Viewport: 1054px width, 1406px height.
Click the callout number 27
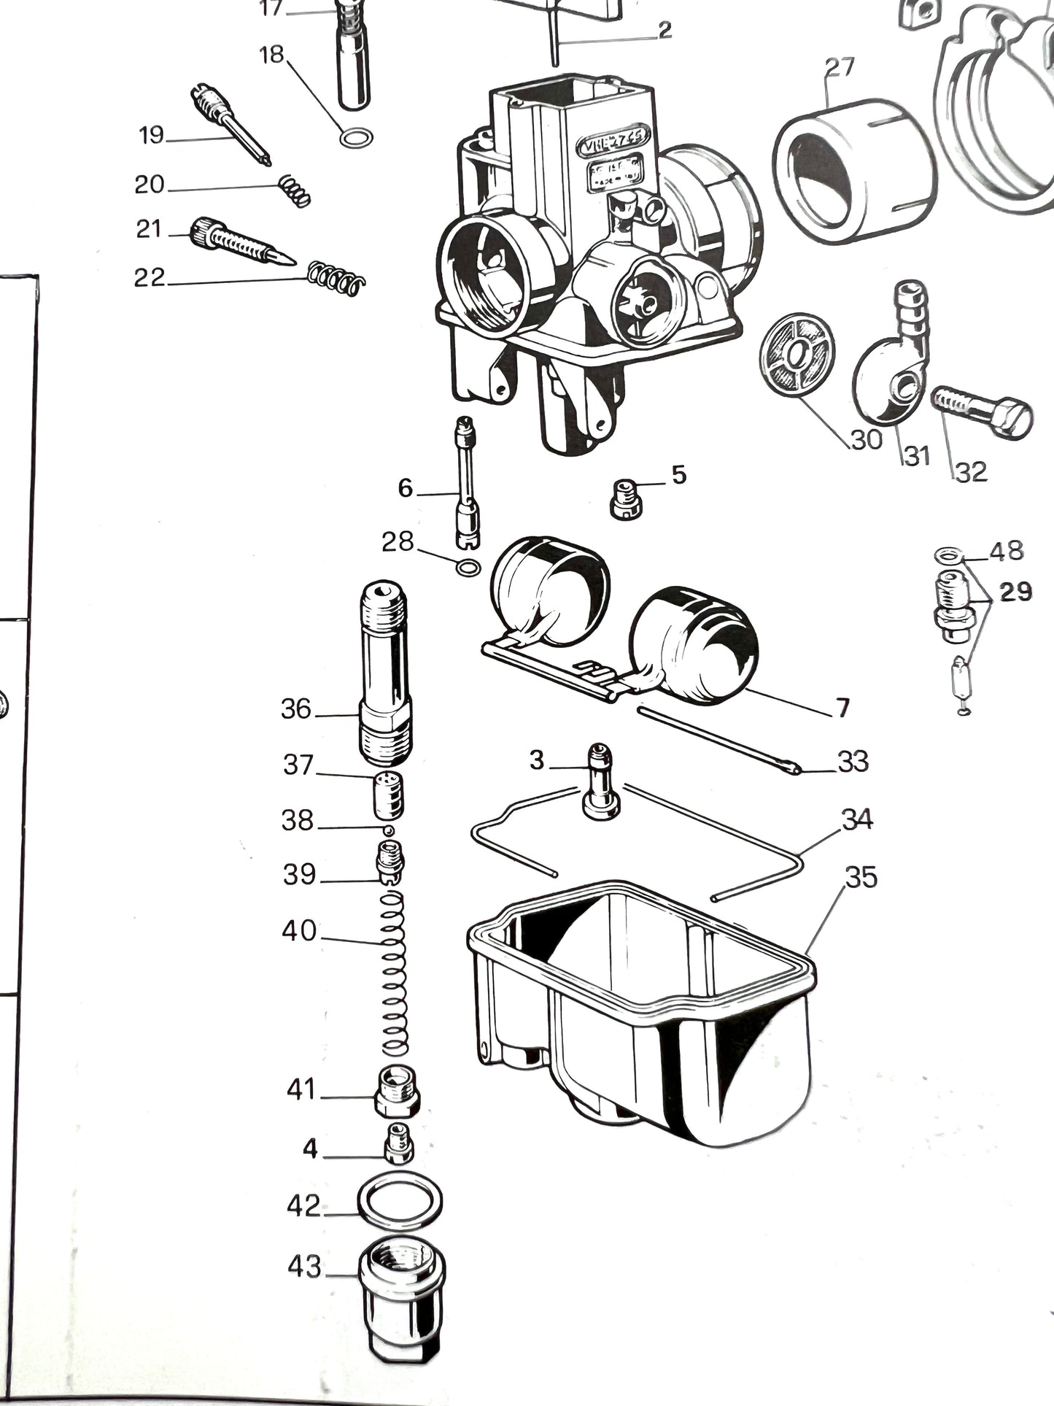pos(839,68)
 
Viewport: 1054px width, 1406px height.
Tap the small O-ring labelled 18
pos(357,136)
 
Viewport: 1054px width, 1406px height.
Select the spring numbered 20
pos(295,191)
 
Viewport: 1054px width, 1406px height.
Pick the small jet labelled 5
pos(624,499)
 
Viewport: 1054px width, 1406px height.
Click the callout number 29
pos(1015,592)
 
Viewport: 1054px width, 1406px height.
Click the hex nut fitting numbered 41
pos(398,1092)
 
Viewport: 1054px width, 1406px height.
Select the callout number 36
pos(296,708)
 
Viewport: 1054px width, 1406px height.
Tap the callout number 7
pos(842,707)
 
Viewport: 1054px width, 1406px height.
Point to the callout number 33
pos(853,761)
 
